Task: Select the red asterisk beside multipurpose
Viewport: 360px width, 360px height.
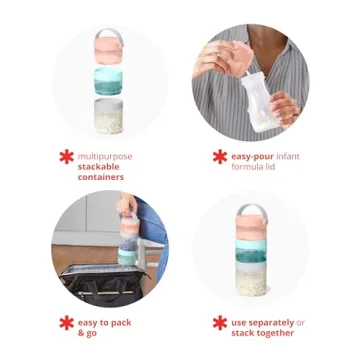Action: point(67,156)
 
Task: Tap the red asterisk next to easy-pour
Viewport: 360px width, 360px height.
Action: point(220,156)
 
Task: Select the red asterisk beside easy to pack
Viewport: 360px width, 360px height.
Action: point(67,323)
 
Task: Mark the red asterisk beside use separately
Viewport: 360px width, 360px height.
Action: point(220,323)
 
